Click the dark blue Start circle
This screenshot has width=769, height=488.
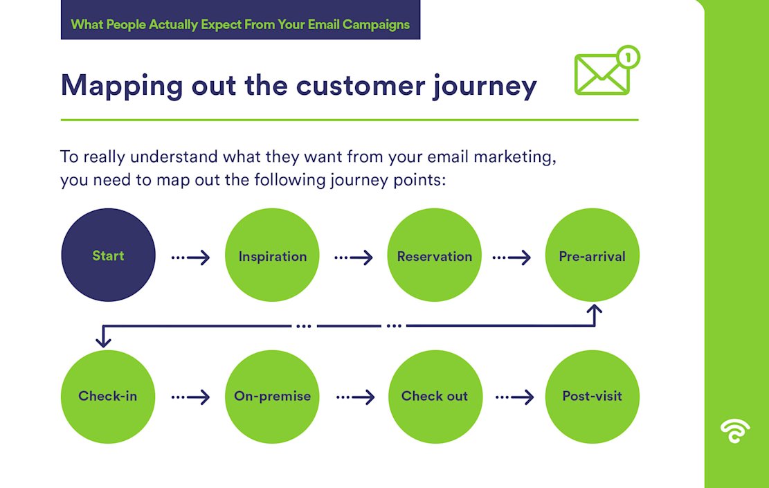108,255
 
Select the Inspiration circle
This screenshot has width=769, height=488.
273,255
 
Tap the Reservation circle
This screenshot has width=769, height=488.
435,255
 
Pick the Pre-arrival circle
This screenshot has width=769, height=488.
592,255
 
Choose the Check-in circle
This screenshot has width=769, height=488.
108,397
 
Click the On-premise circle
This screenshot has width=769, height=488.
273,397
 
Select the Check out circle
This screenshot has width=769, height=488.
435,397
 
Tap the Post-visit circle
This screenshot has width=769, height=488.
592,397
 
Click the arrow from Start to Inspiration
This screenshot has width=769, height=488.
191,257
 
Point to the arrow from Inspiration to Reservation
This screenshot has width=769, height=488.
354,257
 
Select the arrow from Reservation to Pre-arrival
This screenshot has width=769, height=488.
512,257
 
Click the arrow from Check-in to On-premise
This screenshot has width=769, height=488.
191,397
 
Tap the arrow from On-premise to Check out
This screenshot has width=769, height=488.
355,397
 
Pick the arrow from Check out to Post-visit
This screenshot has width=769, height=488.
514,397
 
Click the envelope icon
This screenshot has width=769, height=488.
601,75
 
